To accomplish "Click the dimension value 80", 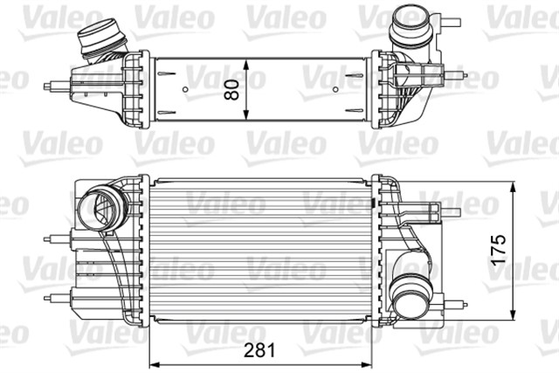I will (x=232, y=89).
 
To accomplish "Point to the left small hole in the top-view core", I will (x=187, y=88).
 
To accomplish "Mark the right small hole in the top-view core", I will (x=337, y=88).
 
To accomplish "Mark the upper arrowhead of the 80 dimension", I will (x=248, y=63).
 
